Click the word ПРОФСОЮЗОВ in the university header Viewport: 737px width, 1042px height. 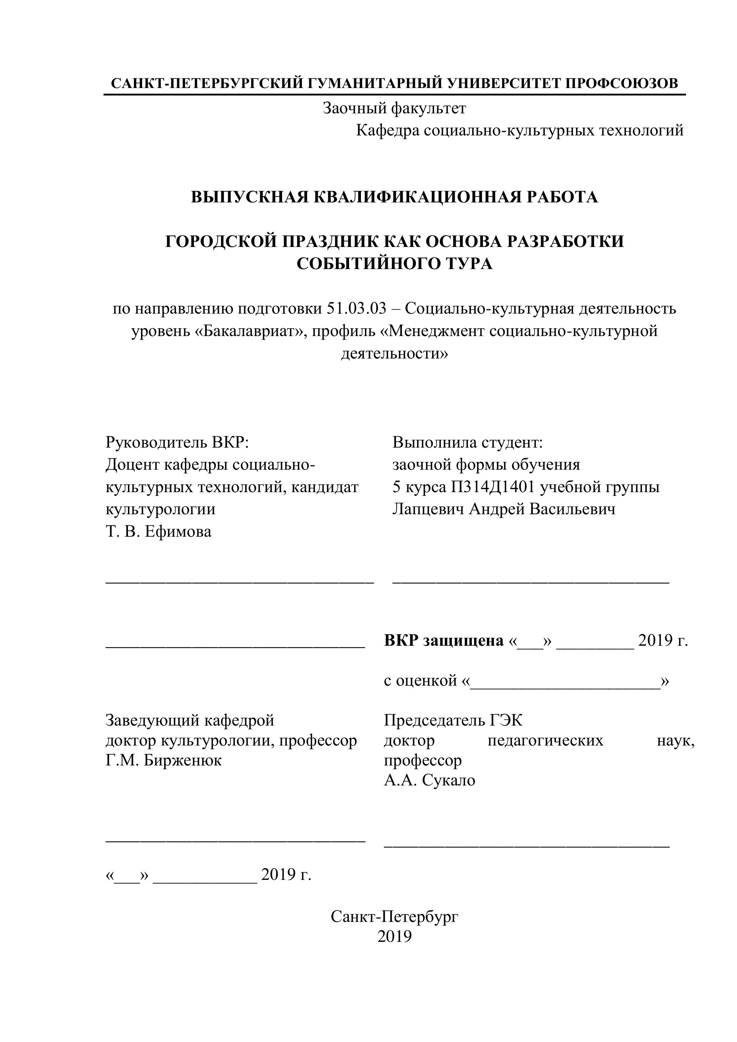[x=622, y=83]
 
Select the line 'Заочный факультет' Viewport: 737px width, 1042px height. [x=394, y=108]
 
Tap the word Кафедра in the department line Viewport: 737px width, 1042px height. [x=387, y=131]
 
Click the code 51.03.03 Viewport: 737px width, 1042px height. [x=356, y=309]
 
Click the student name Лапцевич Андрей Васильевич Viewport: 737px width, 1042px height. [x=504, y=509]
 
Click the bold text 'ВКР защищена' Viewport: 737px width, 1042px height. [x=443, y=640]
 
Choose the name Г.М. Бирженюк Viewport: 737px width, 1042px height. [x=163, y=760]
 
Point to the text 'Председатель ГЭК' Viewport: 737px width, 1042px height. [x=453, y=720]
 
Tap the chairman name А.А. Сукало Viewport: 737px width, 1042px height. [x=429, y=780]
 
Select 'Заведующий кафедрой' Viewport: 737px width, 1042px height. [x=190, y=720]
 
